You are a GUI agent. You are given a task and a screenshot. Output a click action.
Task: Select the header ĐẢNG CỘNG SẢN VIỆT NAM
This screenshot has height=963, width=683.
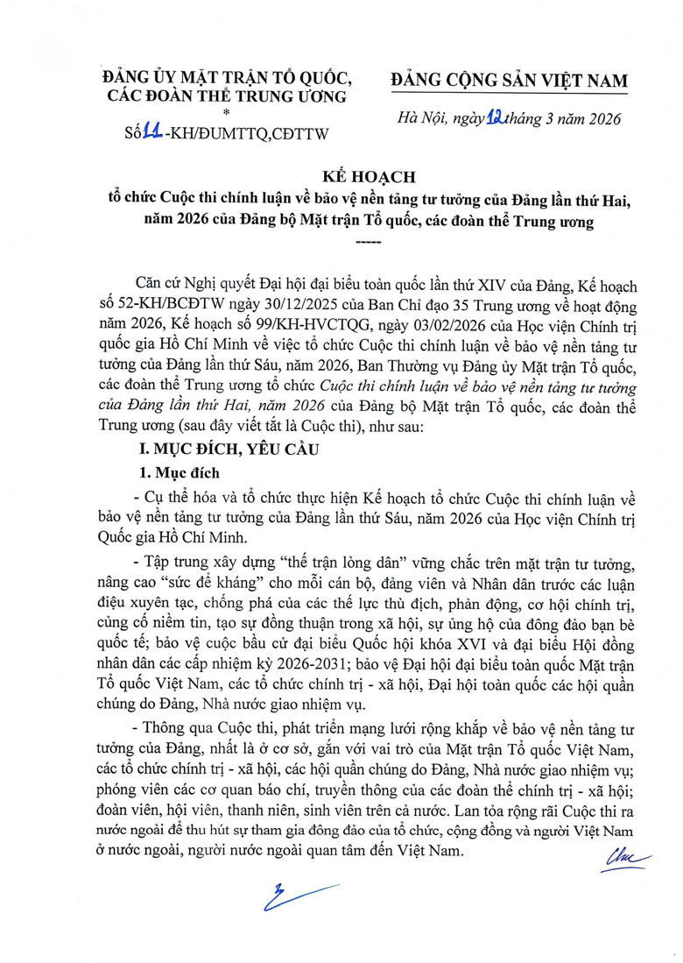(509, 81)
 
